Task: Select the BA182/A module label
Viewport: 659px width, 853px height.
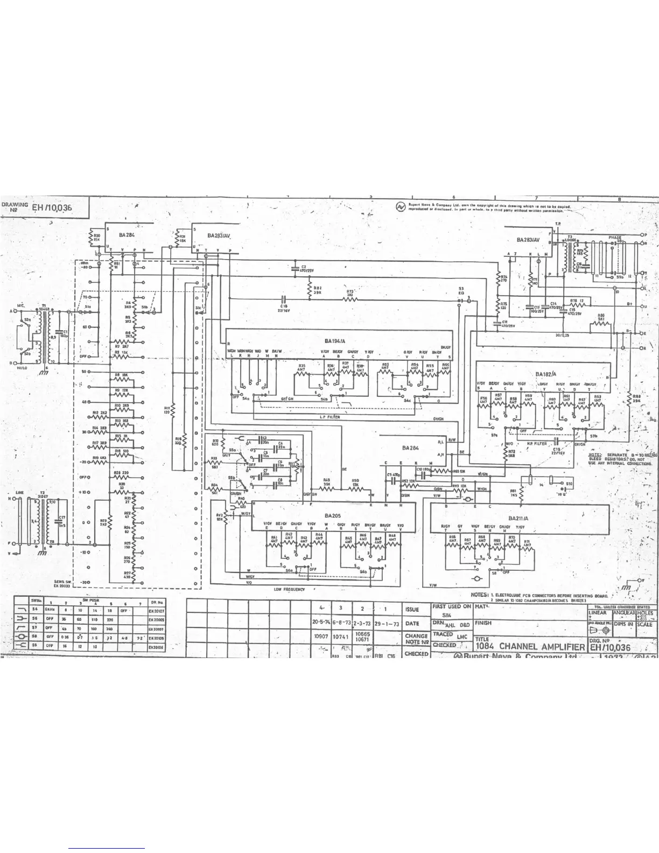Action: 546,373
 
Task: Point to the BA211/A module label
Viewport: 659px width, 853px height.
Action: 518,519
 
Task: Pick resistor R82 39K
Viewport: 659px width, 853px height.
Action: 318,290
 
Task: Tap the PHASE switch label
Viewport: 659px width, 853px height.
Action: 615,237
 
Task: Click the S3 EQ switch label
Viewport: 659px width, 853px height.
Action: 461,291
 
